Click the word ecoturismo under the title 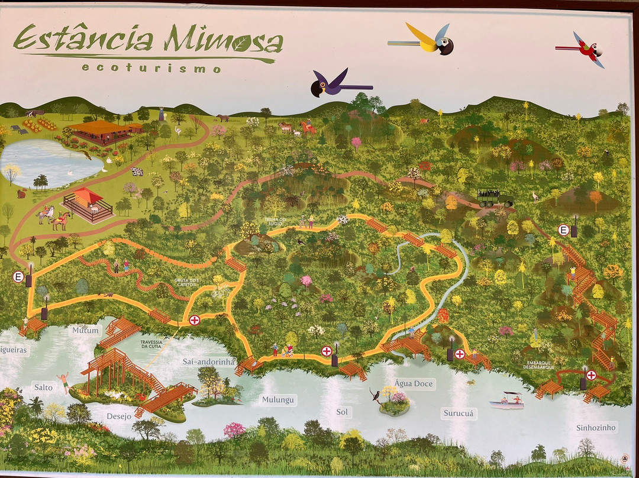click(151, 68)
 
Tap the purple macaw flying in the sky click(335, 84)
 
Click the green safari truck click(495, 198)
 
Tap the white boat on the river click(507, 401)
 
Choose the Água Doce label click(414, 384)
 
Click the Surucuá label click(459, 414)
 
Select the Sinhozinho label click(596, 428)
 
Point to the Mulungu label click(278, 400)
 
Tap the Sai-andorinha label click(208, 361)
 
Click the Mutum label click(85, 330)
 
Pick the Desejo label click(119, 416)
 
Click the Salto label click(43, 388)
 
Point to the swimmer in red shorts click(63, 379)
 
